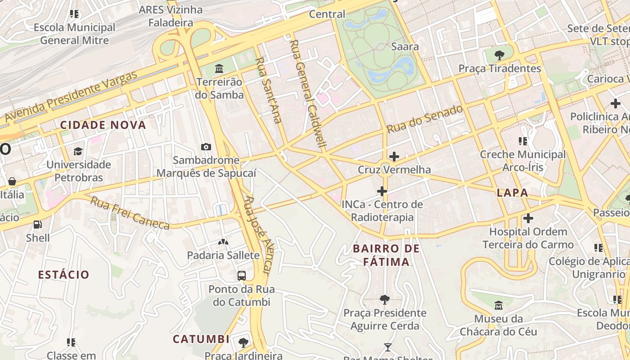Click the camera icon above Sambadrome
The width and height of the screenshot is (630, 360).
(206, 147)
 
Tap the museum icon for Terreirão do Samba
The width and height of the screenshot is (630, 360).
(219, 69)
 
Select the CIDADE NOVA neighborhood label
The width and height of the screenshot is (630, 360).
(103, 125)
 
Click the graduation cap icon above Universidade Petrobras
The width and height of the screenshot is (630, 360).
(78, 151)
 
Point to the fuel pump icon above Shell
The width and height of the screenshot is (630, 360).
(38, 224)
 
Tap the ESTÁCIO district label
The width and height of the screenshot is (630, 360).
(63, 274)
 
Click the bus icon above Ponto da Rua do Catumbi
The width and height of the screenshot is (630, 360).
(242, 275)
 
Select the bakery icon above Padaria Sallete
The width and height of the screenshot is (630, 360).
(223, 242)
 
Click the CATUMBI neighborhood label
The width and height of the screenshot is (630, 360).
(201, 339)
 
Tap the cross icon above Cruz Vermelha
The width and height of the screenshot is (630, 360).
(394, 157)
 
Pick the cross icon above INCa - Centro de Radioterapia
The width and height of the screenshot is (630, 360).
(382, 191)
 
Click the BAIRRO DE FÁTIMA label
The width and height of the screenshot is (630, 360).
(386, 255)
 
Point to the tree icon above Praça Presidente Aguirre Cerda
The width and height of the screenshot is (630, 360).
(384, 299)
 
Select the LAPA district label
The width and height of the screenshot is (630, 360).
(513, 193)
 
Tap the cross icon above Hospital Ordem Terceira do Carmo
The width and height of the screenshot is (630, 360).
(528, 219)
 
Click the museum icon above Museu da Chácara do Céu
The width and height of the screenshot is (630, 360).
(499, 306)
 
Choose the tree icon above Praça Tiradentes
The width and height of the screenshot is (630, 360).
(499, 55)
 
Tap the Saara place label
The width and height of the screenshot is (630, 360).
(405, 46)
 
